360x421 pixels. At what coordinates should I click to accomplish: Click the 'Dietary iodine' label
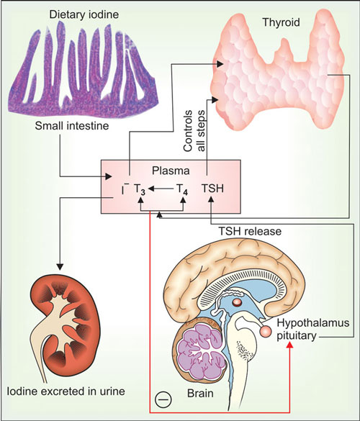pos(84,14)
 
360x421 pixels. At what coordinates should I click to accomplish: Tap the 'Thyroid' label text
pos(281,22)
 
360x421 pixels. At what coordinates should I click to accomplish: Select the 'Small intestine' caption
pos(72,126)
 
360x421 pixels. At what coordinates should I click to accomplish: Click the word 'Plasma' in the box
pos(171,171)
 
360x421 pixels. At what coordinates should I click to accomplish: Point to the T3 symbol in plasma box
pos(140,189)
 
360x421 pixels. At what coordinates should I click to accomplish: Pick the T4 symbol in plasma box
pos(182,189)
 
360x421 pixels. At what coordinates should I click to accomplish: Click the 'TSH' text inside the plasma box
pos(212,189)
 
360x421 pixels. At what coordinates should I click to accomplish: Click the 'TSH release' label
pos(250,231)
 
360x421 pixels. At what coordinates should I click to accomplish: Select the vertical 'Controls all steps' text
pos(194,131)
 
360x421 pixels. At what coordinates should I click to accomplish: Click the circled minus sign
pos(163,399)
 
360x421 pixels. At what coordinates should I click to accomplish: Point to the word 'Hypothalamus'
pos(313,323)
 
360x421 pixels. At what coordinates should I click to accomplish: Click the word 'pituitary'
pos(297,336)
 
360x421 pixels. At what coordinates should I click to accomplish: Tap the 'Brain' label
pos(200,394)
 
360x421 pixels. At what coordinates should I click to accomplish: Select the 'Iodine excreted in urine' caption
pos(66,391)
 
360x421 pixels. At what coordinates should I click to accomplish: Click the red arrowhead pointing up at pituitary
pos(289,346)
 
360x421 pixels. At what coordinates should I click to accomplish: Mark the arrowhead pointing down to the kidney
pos(60,266)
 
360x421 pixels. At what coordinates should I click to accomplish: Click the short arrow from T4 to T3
pos(161,189)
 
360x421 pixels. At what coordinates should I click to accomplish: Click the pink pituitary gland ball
pos(266,331)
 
